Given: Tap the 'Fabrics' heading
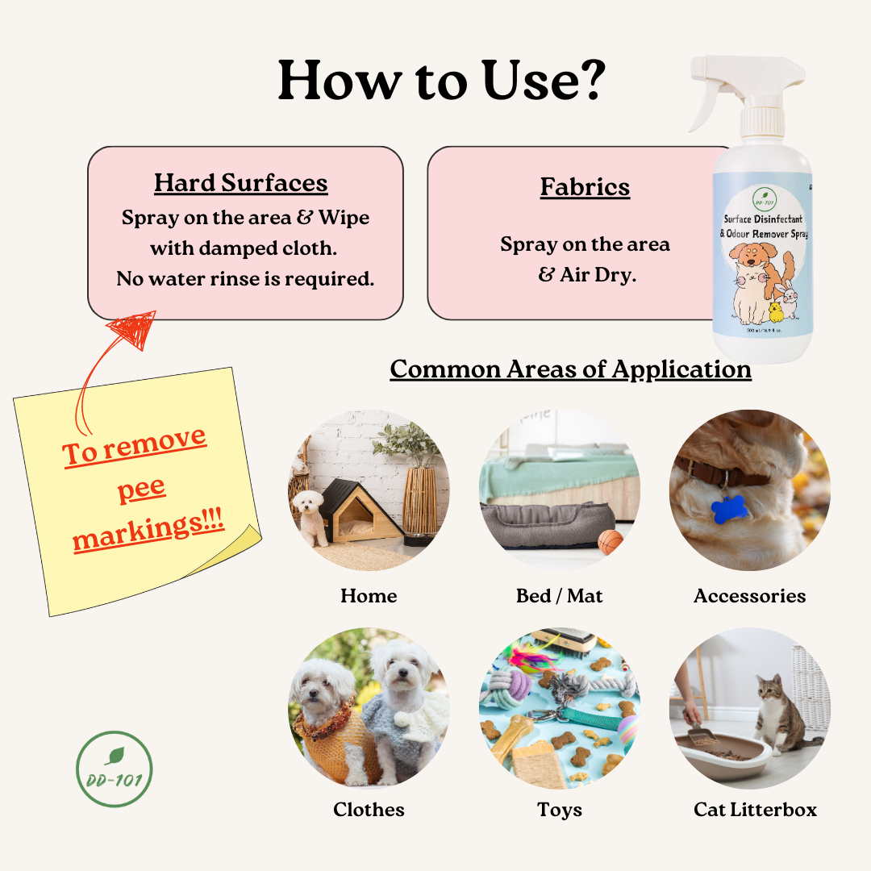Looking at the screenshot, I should tap(585, 186).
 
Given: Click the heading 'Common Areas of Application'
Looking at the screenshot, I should tap(570, 369).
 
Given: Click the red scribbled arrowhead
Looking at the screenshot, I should tap(134, 330).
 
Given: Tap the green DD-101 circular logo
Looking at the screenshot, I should tap(114, 769).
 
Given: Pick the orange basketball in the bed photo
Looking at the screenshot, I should tap(611, 542).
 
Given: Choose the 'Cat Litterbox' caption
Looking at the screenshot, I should tap(755, 810).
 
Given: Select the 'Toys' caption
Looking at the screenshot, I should tap(560, 810).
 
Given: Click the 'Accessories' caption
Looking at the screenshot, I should tap(749, 596).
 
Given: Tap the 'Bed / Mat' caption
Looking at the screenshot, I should tap(559, 596).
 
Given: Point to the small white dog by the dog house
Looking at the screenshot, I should tap(310, 516).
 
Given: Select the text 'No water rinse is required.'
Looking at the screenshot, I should tap(245, 279).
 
